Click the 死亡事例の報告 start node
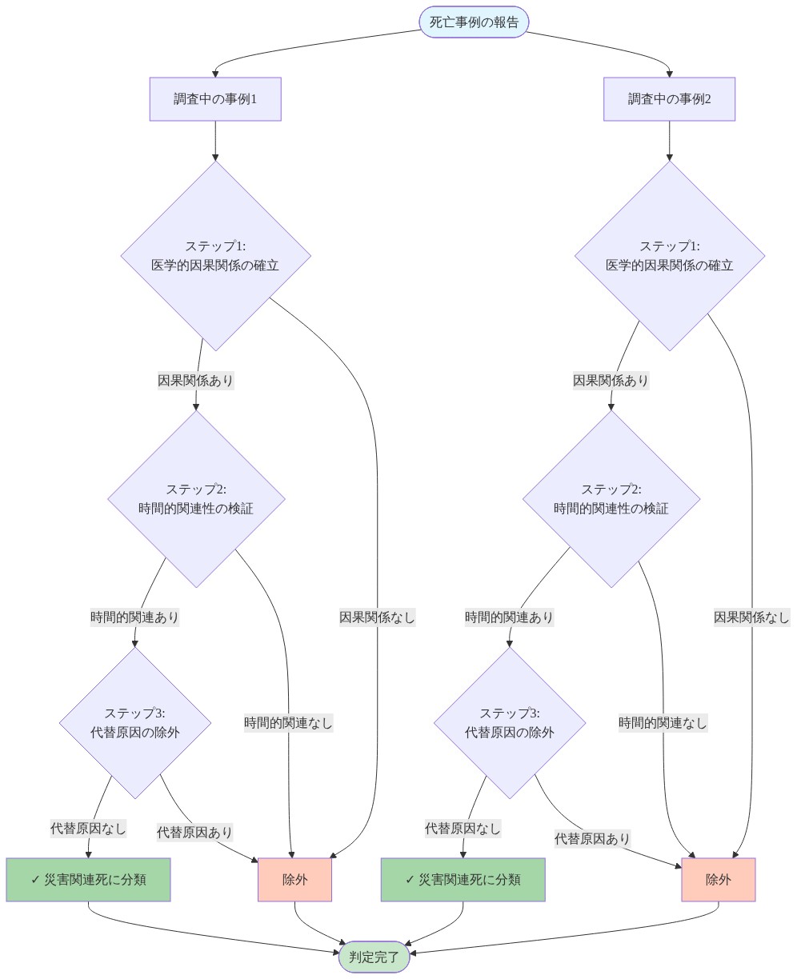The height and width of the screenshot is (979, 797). (x=474, y=22)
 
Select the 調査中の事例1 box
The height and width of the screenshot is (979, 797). (x=215, y=99)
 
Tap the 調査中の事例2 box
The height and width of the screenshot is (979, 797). (x=669, y=99)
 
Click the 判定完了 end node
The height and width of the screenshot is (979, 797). (x=374, y=957)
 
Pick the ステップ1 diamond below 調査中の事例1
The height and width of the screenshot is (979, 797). (x=216, y=256)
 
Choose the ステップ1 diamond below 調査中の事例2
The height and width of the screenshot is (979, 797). (x=670, y=256)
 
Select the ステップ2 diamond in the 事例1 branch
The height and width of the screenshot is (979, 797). (x=196, y=498)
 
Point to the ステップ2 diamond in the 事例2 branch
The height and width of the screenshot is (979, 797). (x=611, y=498)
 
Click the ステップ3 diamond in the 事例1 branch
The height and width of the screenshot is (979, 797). (x=135, y=723)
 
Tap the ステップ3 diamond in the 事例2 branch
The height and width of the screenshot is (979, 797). (x=510, y=723)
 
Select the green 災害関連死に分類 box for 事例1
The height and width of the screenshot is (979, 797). (x=88, y=880)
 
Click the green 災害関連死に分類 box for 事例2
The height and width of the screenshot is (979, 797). (x=463, y=880)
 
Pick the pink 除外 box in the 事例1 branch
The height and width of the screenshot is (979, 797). (x=294, y=880)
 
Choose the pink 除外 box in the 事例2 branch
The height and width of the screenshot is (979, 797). (x=719, y=880)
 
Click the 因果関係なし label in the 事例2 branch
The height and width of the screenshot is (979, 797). (x=751, y=617)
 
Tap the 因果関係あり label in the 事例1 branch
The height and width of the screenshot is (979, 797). (x=196, y=381)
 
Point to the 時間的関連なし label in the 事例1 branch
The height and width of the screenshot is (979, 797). (x=288, y=723)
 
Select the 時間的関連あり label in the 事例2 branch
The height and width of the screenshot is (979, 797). (x=509, y=617)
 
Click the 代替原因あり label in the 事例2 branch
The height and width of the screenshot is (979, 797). (x=592, y=839)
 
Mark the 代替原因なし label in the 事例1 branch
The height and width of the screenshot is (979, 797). (x=88, y=829)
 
